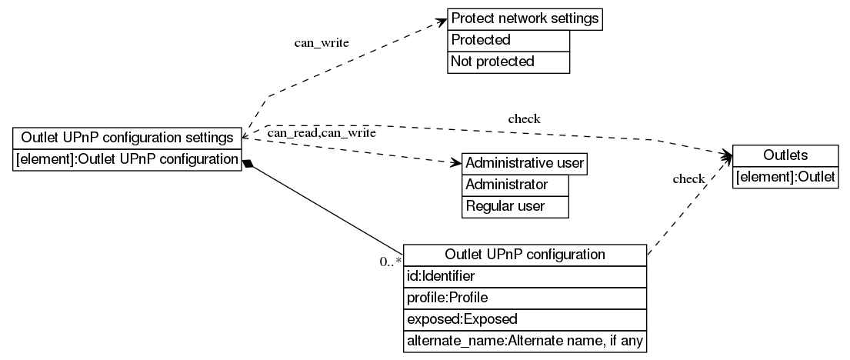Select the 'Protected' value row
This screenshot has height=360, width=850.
[508, 40]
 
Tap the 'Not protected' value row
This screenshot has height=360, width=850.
[508, 62]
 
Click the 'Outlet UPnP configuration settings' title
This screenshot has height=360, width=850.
[128, 138]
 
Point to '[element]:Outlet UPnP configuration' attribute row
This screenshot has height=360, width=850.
[128, 159]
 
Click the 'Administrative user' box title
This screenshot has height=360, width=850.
[525, 163]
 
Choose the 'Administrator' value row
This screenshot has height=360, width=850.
[515, 185]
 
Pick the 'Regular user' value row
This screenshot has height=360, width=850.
[515, 206]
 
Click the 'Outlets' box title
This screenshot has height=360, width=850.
[785, 155]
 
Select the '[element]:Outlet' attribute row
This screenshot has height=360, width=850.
[785, 177]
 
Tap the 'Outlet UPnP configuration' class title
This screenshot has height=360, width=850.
[525, 255]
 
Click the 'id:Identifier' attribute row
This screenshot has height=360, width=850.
[525, 275]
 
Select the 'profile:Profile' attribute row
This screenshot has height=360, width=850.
[525, 297]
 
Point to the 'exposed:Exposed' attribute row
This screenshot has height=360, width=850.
[525, 318]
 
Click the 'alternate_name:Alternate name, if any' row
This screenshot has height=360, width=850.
[525, 340]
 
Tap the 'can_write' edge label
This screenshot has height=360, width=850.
[322, 42]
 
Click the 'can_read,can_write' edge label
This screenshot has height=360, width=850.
[321, 133]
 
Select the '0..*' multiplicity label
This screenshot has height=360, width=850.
[391, 262]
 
